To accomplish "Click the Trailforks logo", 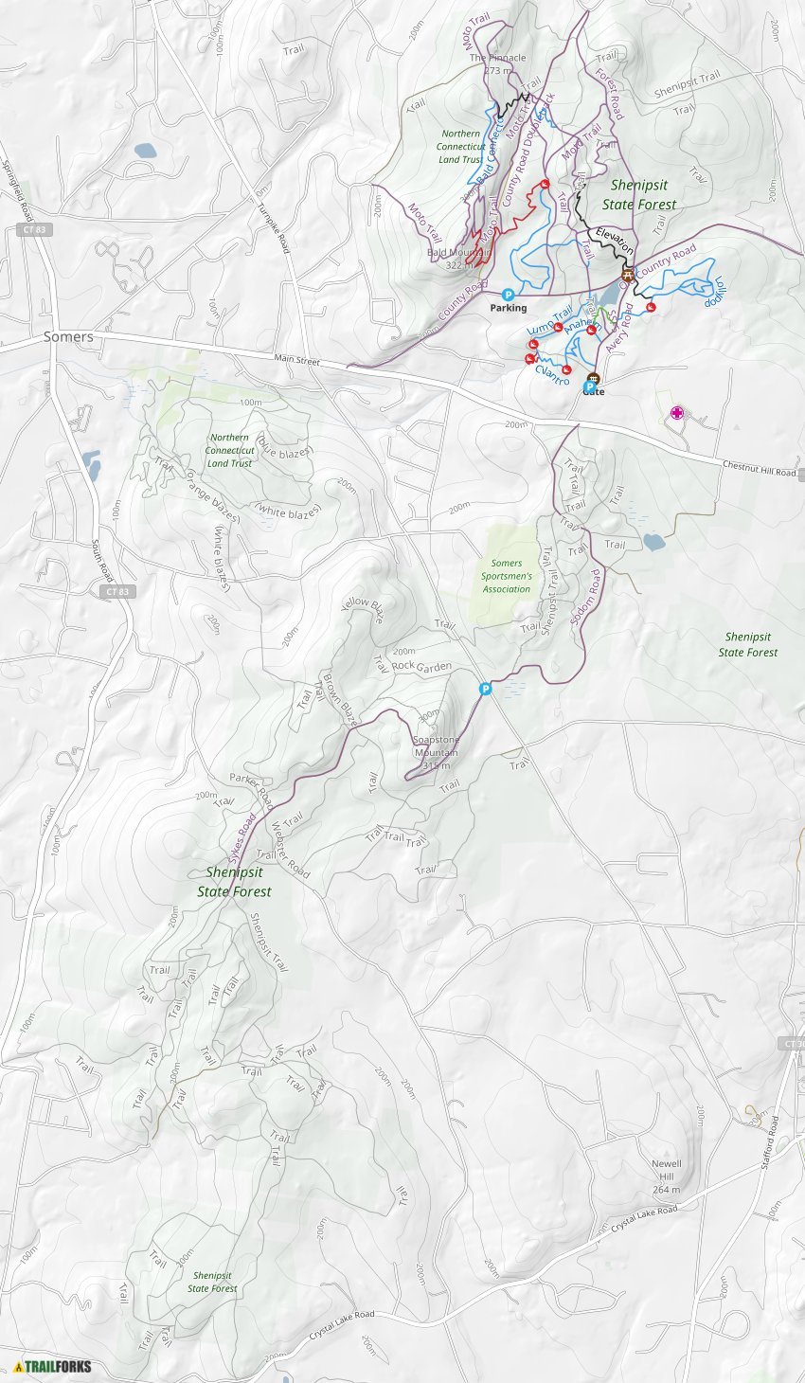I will tap(53, 1366).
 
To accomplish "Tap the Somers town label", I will tap(68, 336).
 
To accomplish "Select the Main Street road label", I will tap(296, 361).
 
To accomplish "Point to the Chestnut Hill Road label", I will tap(760, 468).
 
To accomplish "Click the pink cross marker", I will tap(676, 412).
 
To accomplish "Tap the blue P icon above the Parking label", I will tap(508, 295).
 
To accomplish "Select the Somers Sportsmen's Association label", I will tap(507, 576).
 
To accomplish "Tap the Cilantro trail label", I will tap(552, 376).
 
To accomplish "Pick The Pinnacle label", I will tap(497, 58).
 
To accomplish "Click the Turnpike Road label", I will tap(272, 228).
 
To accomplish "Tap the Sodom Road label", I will tap(586, 597).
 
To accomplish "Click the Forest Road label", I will tap(610, 93).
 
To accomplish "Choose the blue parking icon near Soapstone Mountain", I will tap(485, 689).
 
